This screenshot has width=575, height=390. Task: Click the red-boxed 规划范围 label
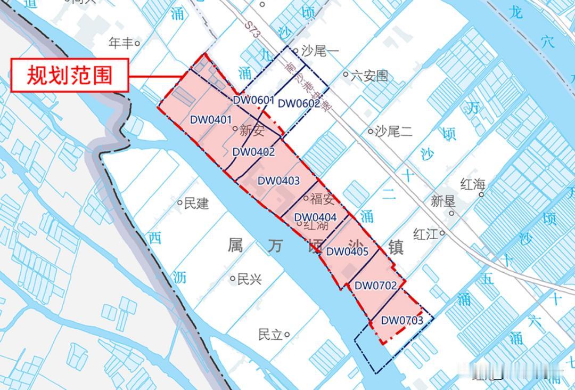tap(70, 75)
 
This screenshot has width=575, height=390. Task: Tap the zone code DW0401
tap(211, 119)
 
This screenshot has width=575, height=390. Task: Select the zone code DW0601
tap(253, 100)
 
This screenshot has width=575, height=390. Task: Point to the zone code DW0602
tap(299, 103)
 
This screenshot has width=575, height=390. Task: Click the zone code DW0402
tap(253, 152)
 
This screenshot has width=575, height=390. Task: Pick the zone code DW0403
tap(278, 181)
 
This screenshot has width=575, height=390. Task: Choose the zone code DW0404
tap(315, 217)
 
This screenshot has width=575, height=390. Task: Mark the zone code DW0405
tap(347, 251)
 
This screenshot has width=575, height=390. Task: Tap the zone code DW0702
tap(375, 286)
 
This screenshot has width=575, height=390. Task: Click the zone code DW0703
tap(402, 320)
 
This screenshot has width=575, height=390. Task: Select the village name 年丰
tap(121, 43)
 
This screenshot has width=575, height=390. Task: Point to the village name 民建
tap(196, 203)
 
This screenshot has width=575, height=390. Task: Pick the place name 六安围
tap(369, 76)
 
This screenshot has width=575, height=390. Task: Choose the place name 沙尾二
tap(393, 131)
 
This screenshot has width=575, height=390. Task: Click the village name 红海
tap(473, 185)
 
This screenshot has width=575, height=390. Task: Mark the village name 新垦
tap(443, 201)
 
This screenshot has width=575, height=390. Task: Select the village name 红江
tap(426, 233)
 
